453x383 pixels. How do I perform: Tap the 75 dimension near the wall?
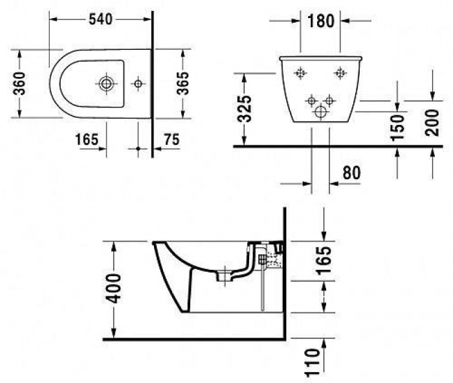click(171, 138)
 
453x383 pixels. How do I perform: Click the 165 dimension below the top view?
click(86, 138)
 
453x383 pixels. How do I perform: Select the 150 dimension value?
click(399, 127)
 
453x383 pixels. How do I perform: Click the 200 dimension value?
click(432, 122)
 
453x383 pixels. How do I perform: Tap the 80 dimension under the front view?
click(349, 173)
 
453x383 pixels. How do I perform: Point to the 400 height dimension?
click(114, 290)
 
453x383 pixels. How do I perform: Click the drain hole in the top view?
click(105, 83)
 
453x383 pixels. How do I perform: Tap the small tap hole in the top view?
click(137, 83)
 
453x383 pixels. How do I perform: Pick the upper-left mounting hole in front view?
click(300, 73)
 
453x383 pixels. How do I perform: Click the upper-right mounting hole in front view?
click(338, 73)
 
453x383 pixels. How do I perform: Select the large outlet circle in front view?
click(320, 112)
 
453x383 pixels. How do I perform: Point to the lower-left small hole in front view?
click(311, 100)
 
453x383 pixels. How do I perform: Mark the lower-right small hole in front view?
click(329, 100)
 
